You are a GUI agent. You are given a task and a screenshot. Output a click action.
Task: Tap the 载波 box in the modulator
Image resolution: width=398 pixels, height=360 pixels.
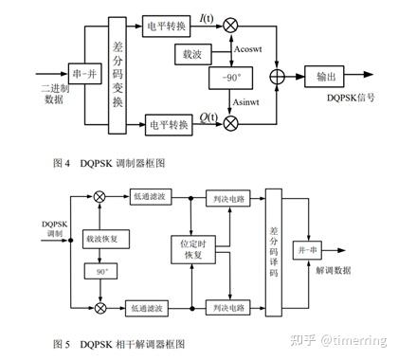[189, 55]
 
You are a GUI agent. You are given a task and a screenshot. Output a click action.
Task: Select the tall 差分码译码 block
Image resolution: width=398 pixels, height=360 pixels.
[275, 249]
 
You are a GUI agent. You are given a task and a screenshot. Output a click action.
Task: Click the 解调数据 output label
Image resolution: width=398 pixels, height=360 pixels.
[335, 272]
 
